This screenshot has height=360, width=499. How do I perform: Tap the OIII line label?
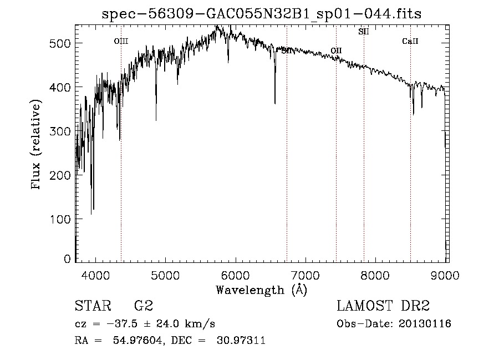click(x=121, y=41)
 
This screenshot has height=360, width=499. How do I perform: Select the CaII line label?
click(x=410, y=41)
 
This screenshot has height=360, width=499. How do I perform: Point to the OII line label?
click(x=336, y=51)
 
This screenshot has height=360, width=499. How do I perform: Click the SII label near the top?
click(x=364, y=32)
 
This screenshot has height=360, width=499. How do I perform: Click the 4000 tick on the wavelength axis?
click(x=95, y=275)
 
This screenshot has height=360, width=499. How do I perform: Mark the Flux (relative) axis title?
click(x=37, y=145)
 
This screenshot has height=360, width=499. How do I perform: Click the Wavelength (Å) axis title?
click(x=261, y=290)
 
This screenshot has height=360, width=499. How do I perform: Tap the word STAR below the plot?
click(x=93, y=306)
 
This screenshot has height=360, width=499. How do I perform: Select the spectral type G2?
click(x=143, y=306)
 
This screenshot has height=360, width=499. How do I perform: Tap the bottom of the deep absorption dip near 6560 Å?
click(x=275, y=103)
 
